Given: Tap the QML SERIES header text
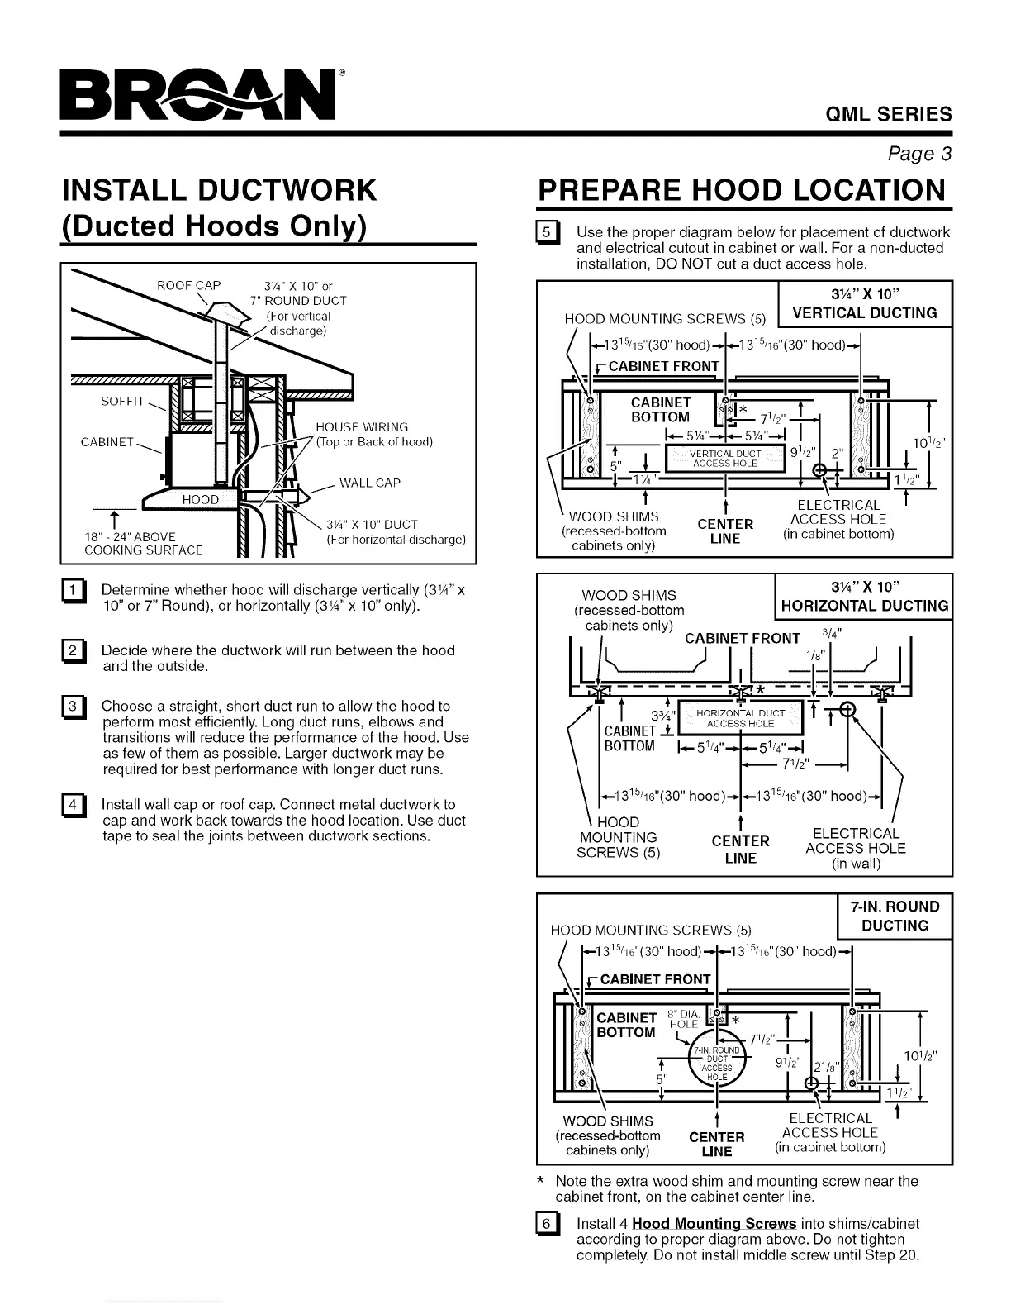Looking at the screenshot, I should click(x=890, y=115).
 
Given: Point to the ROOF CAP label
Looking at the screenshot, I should click(x=189, y=286).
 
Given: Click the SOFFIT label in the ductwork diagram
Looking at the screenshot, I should click(x=122, y=402).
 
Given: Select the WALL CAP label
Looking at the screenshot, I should click(x=369, y=483).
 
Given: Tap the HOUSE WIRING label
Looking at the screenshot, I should click(x=362, y=427).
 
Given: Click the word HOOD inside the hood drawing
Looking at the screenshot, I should click(x=201, y=499).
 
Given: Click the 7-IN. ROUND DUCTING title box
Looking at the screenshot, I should click(x=895, y=916).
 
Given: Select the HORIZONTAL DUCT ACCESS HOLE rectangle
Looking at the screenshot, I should click(x=740, y=718).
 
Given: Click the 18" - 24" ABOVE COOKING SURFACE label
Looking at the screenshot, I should click(x=144, y=544).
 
